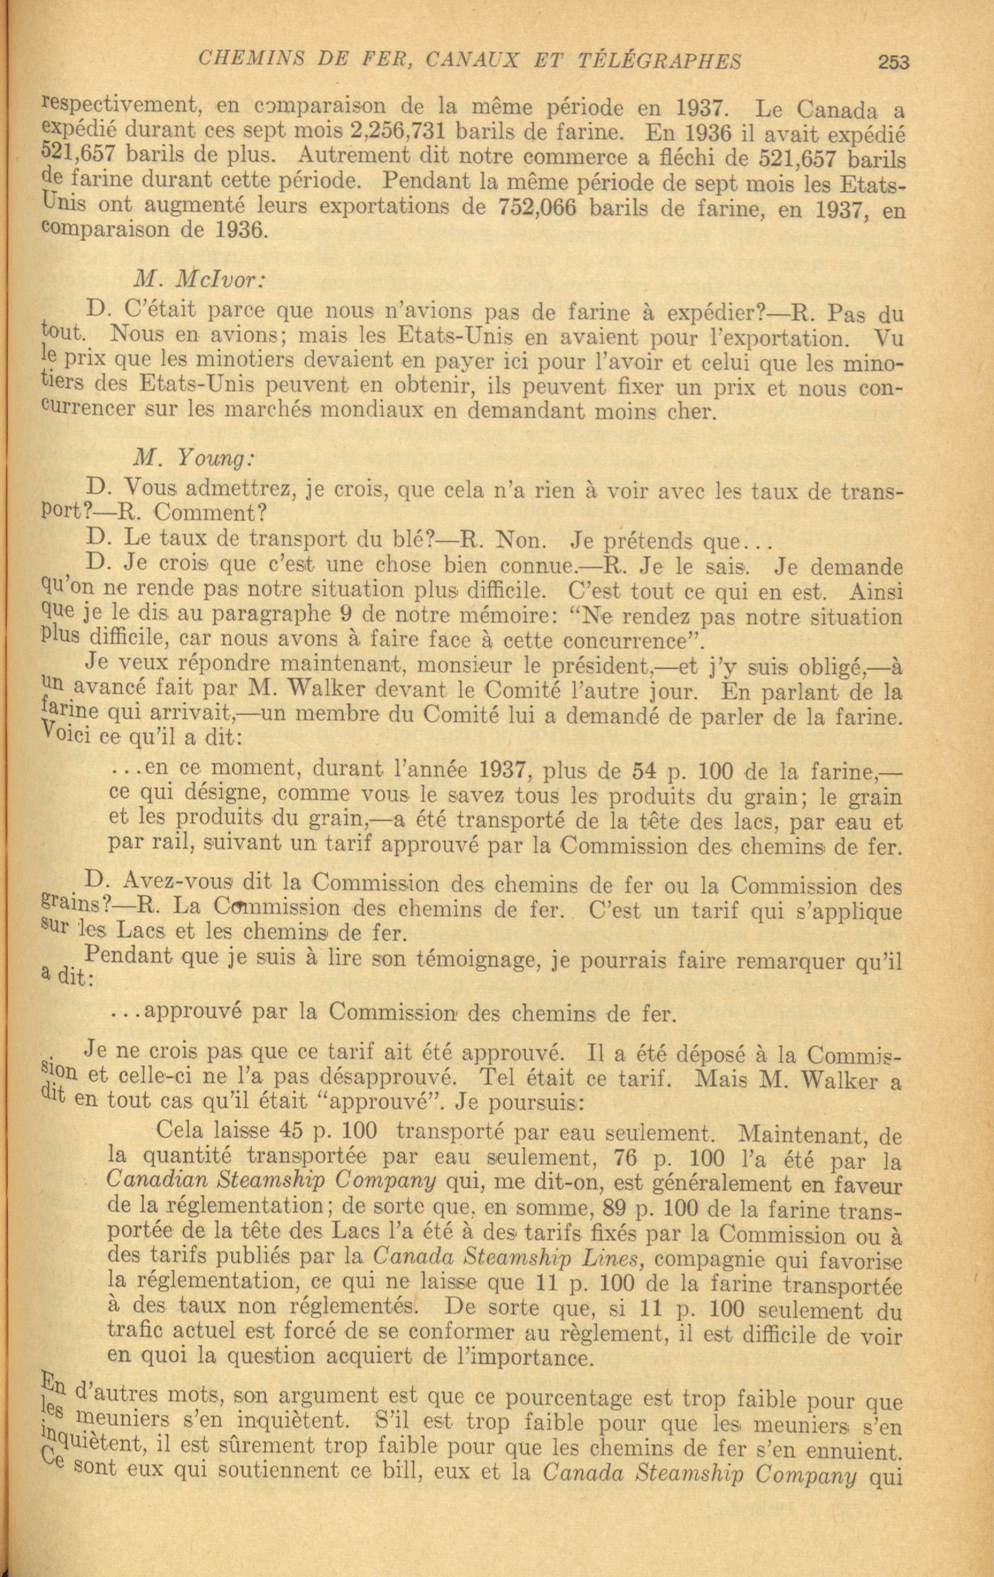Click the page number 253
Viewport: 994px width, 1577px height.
click(894, 62)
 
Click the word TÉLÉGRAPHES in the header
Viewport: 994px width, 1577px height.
click(662, 61)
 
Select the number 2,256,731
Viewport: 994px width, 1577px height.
click(407, 132)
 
